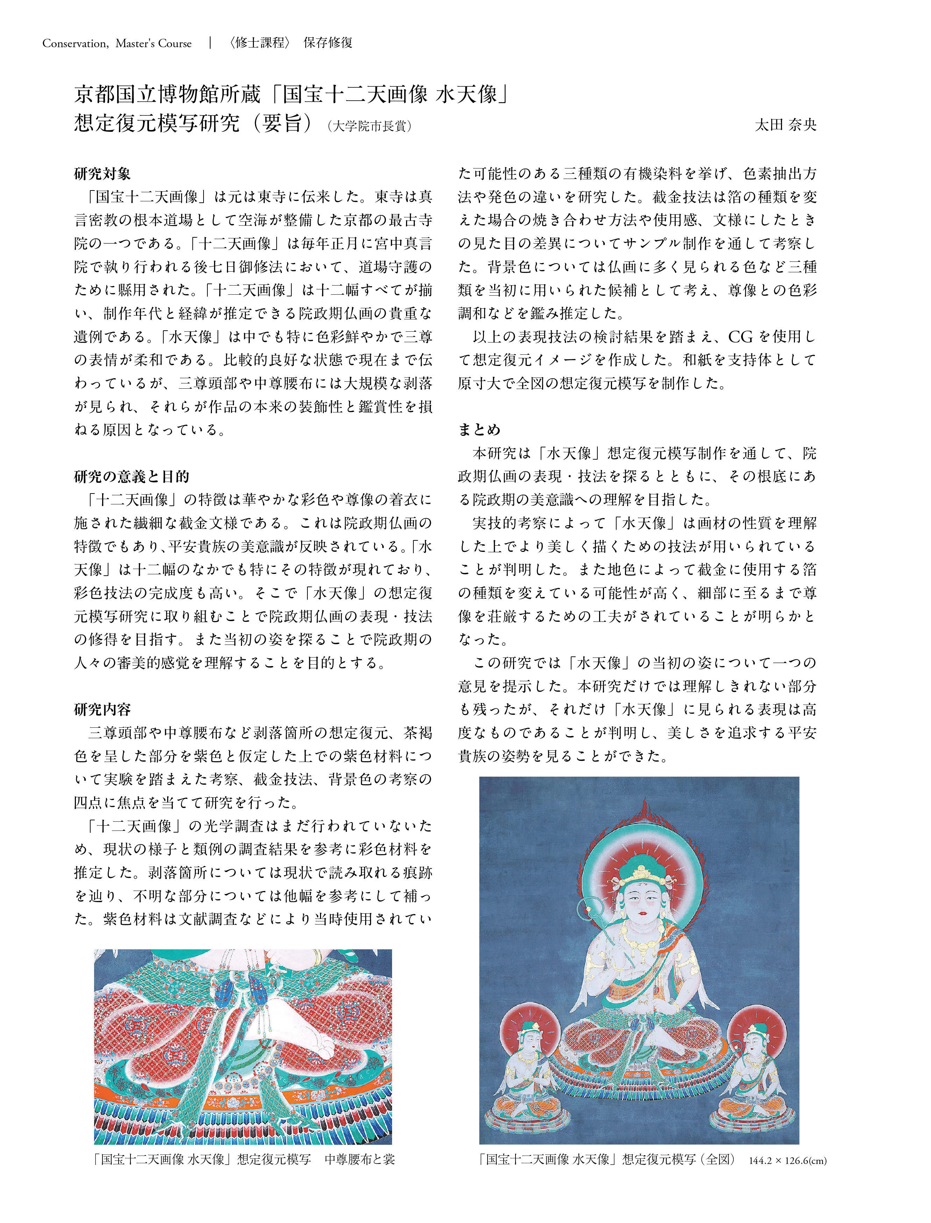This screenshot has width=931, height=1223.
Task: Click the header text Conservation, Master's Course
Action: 117,43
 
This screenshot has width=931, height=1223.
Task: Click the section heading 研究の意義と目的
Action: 132,476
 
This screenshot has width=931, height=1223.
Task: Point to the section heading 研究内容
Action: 102,710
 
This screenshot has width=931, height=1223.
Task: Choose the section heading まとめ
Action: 479,430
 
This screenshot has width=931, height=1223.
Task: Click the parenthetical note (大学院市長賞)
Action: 370,126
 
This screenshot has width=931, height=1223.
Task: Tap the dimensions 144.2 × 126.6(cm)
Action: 787,1160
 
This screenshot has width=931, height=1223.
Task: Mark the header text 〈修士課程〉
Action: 260,43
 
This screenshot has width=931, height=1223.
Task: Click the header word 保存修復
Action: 328,43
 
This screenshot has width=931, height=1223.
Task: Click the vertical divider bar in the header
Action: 211,43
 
